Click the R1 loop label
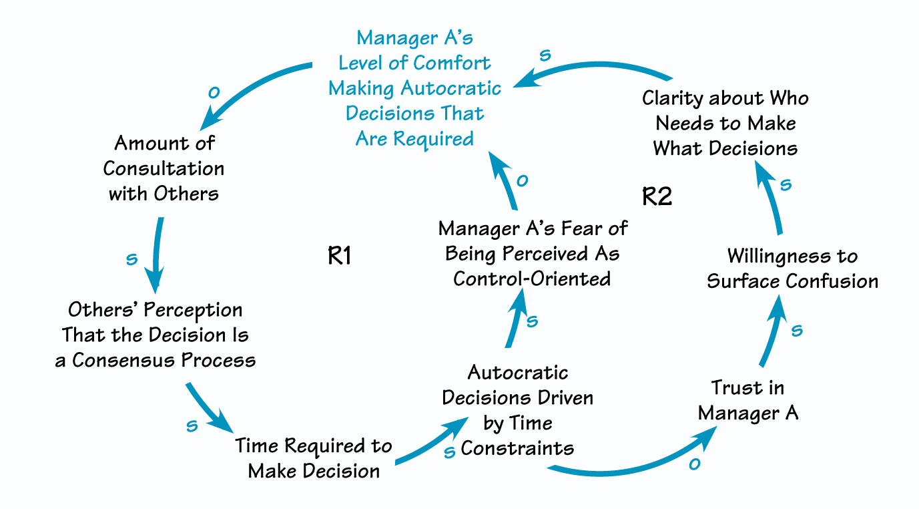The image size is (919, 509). click(340, 256)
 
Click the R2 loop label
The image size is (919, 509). click(657, 197)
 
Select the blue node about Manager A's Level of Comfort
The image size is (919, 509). click(414, 88)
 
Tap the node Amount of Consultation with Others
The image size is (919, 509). click(164, 168)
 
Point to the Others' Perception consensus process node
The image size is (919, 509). click(156, 335)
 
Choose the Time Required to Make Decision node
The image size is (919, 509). click(314, 458)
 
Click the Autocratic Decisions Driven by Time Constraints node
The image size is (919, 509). click(517, 410)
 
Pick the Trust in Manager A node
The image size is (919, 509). click(748, 400)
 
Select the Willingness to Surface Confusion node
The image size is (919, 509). click(792, 269)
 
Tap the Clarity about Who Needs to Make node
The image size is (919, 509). click(725, 124)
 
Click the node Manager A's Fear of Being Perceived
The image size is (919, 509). click(533, 253)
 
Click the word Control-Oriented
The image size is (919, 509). click(532, 279)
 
